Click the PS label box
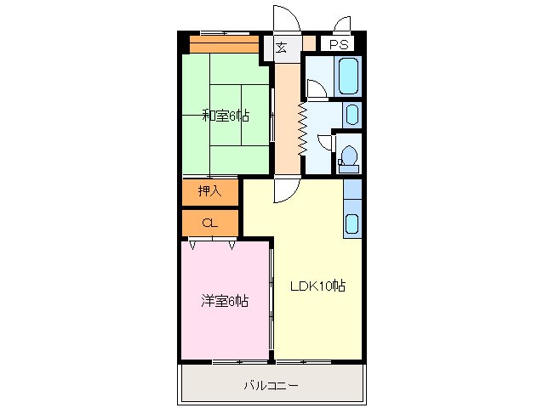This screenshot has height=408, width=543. tap(338, 44)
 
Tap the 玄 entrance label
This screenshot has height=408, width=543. tap(281, 47)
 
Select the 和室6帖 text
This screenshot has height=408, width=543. tap(225, 116)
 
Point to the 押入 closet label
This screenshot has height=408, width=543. tap(210, 191)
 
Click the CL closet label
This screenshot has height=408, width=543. tap(209, 223)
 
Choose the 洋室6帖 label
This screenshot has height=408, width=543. tap(225, 300)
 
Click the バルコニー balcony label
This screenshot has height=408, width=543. tap(271, 385)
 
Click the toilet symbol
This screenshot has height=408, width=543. tap(348, 157)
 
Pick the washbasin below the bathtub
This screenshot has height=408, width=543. tap(352, 114)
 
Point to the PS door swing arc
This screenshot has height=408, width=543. tap(342, 24)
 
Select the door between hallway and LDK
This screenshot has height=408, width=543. tap(283, 190)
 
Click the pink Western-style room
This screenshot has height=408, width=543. tap(224, 323)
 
